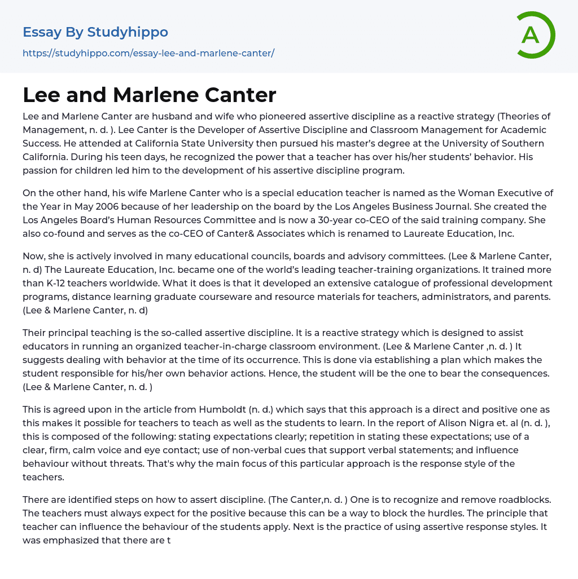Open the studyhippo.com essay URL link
pos(148,53)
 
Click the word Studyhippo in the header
pos(128,32)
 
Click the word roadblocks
pos(526,500)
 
